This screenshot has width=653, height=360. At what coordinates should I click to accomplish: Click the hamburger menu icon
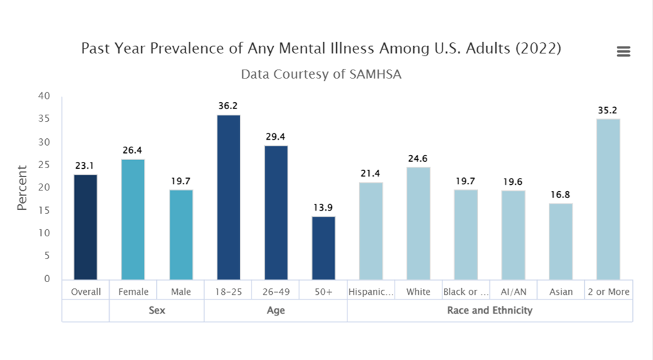623,51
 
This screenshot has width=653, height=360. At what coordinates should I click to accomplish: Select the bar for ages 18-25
229,197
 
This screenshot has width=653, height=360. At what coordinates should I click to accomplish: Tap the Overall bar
85,227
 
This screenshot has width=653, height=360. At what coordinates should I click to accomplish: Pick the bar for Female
133,219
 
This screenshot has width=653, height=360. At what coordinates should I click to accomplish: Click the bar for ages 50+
323,247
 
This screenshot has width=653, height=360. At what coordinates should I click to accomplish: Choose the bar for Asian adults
561,240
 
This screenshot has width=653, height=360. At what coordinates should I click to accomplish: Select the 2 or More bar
608,199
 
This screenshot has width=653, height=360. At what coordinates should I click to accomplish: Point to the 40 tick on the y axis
44,96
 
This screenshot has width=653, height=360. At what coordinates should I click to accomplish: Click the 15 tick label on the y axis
44,210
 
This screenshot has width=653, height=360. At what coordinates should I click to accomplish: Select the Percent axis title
22,188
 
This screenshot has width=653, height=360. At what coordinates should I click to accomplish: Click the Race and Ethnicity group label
490,310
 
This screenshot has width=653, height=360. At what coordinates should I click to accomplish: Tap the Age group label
276,310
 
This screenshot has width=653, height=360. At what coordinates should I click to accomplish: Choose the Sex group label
157,310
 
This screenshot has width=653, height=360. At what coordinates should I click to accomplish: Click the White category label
418,292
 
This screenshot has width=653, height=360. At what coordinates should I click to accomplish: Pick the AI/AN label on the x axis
513,292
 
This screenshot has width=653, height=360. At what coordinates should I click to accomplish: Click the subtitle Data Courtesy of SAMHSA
321,74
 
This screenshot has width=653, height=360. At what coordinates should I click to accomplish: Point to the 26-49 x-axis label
276,292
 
